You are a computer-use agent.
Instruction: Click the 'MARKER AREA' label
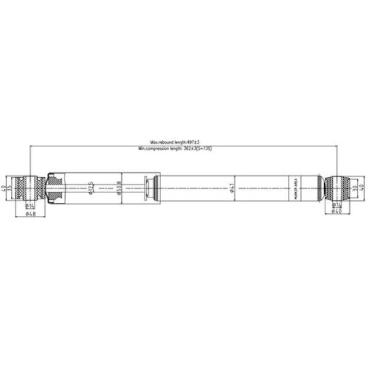[296, 187]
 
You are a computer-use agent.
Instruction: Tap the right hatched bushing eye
[336, 187]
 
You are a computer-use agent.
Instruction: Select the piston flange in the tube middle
[149, 187]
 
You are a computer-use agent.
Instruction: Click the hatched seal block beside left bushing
[56, 187]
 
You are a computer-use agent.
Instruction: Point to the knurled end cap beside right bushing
[320, 187]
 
